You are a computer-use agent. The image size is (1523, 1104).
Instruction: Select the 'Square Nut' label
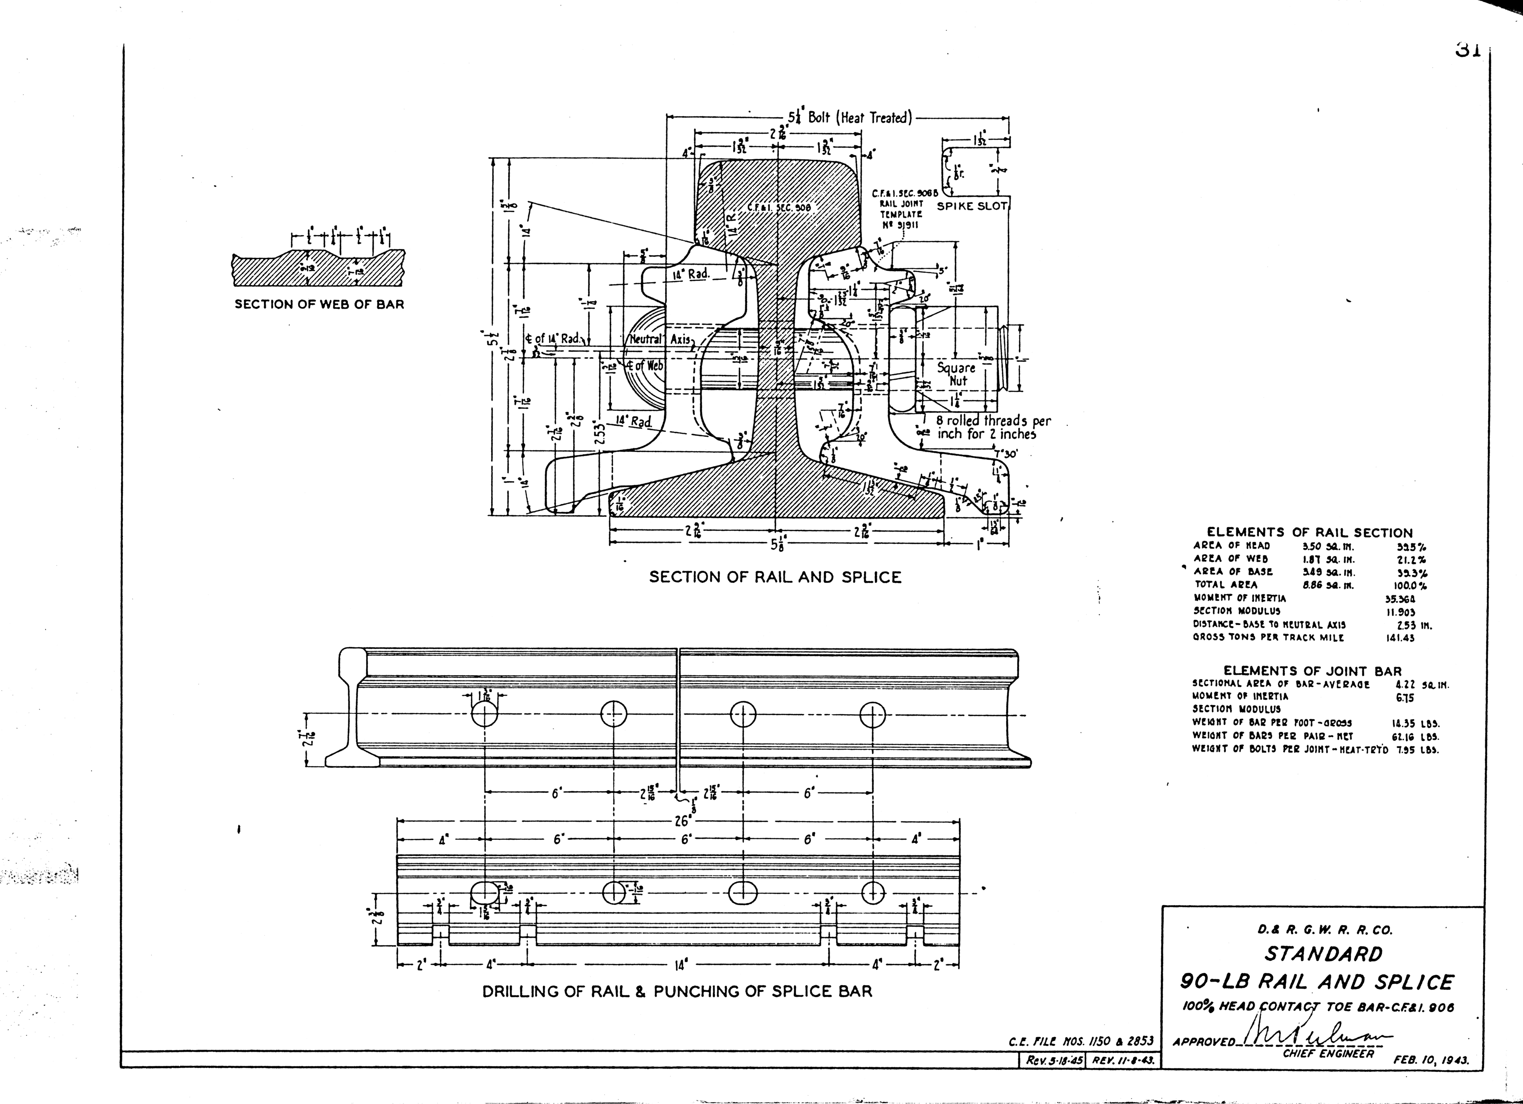[956, 374]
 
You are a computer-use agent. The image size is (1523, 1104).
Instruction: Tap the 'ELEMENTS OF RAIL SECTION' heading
[1310, 532]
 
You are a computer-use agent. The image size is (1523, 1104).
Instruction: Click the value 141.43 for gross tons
[1400, 638]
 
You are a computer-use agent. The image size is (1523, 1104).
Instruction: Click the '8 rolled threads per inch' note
[993, 427]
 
